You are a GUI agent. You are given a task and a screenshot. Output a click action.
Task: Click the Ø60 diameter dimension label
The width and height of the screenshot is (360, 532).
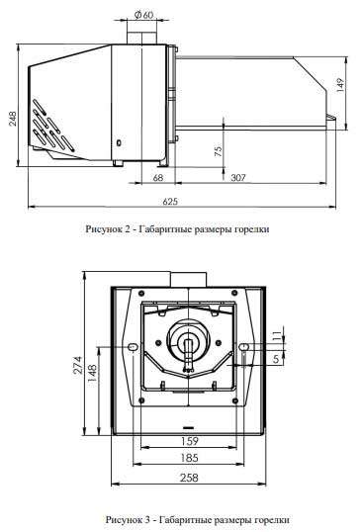coord(143,15)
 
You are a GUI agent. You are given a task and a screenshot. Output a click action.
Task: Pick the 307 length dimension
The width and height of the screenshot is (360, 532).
coord(237,178)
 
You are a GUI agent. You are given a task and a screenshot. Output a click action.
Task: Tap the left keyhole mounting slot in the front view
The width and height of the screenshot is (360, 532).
coord(134,347)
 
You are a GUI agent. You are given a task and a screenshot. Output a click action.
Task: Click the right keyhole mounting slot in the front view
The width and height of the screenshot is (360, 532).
coord(244,347)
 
